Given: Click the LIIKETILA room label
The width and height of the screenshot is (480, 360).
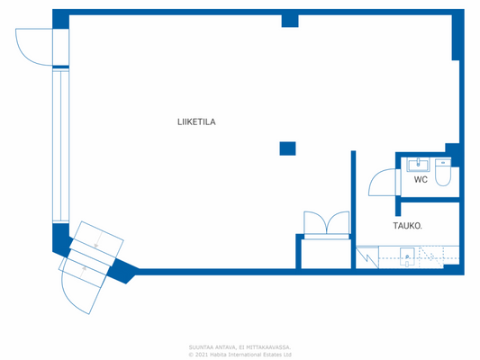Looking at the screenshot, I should (195, 121).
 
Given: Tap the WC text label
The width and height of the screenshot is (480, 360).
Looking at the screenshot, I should (421, 180).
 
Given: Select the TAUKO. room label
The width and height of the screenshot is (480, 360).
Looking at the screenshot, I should (408, 225).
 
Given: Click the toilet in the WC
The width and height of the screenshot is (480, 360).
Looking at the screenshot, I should (442, 175).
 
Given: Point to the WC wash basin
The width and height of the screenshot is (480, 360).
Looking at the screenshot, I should (419, 164).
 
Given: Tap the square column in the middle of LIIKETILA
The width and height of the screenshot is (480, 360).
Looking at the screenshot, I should (287, 148).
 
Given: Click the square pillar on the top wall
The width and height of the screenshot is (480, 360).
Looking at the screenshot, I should (289, 21).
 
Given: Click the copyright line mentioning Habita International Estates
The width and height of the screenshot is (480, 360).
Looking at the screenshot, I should (240, 354).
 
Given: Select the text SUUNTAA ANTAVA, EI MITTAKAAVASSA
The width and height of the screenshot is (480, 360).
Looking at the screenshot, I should (240, 346).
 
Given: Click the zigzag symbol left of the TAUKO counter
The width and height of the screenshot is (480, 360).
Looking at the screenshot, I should (367, 257).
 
